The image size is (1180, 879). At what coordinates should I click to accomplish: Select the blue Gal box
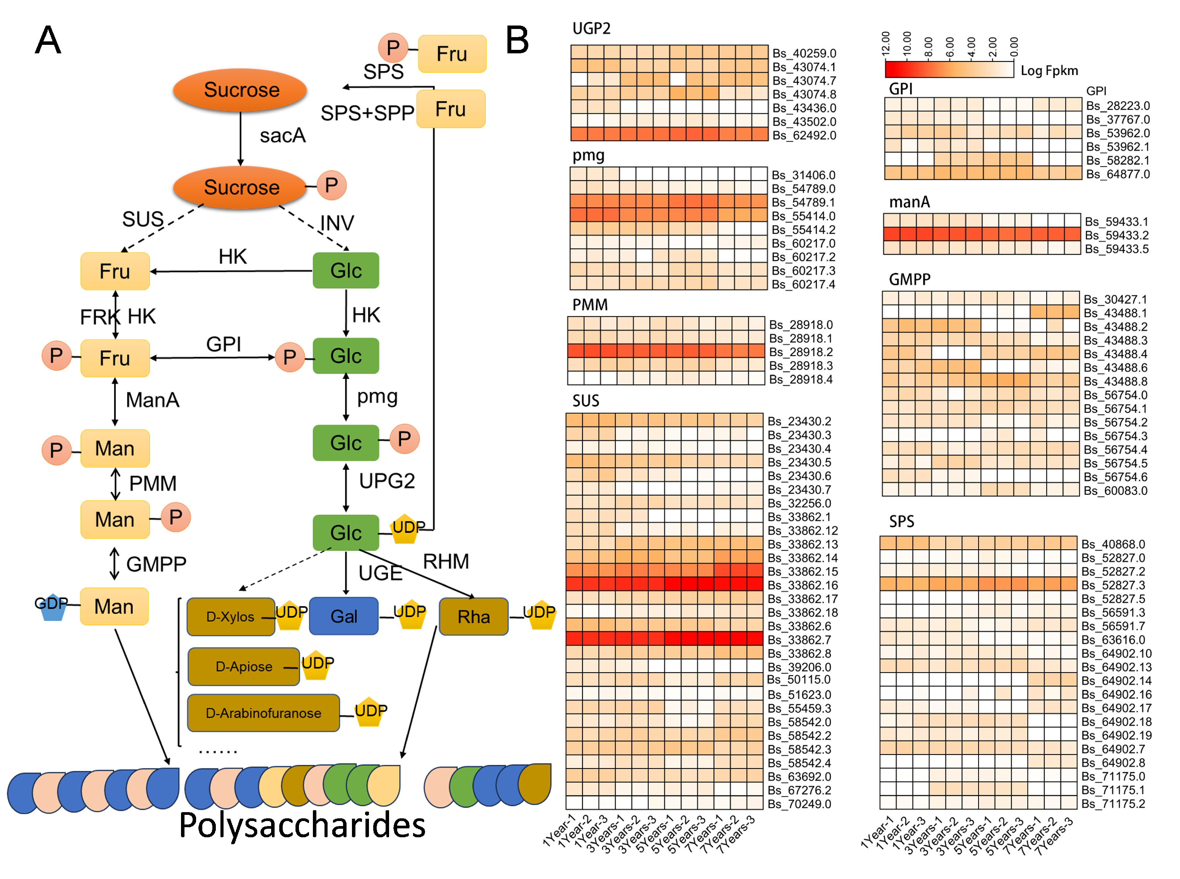[x=343, y=616]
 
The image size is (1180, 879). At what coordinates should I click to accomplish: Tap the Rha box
[x=473, y=616]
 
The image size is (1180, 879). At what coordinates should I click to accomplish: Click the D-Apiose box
[x=243, y=666]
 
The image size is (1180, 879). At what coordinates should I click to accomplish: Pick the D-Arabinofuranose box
[x=263, y=712]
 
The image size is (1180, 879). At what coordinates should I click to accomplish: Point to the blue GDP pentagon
[x=52, y=606]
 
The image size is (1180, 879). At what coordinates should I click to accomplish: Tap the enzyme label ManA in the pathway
[x=152, y=400]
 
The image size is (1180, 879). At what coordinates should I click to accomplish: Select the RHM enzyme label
[x=446, y=561]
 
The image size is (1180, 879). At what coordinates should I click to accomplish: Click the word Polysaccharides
[x=302, y=825]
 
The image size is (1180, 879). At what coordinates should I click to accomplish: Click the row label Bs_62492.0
[x=804, y=135]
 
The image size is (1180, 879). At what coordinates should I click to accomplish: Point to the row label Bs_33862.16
[x=802, y=585]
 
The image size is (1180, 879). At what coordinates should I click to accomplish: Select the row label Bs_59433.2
[x=1116, y=235]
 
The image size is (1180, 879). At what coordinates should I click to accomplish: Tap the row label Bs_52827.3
[x=1112, y=585]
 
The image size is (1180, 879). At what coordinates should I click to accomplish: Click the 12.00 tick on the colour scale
[x=886, y=44]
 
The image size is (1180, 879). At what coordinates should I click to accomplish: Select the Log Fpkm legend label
[x=1049, y=70]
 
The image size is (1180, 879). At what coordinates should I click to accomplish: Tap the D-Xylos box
[x=231, y=616]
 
